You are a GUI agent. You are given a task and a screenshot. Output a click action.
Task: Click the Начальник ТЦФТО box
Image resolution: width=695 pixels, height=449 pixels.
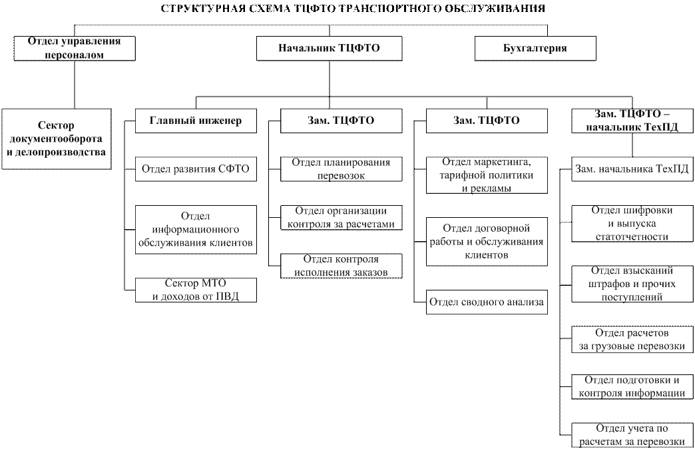[329, 49]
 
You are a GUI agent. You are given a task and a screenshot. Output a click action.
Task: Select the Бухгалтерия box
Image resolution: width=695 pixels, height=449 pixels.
[535, 49]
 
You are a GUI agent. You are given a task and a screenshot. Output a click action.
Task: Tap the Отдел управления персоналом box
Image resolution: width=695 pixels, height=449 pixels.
[75, 49]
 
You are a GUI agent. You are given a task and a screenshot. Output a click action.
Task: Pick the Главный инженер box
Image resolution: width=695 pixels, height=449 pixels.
[196, 121]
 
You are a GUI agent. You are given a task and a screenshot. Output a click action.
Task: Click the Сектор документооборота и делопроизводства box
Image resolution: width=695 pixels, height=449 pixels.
[56, 139]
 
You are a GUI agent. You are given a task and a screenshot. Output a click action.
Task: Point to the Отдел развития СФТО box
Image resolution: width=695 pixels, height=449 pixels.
[196, 169]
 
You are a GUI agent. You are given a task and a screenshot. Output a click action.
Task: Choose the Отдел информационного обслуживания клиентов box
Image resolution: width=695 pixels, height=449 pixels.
[196, 229]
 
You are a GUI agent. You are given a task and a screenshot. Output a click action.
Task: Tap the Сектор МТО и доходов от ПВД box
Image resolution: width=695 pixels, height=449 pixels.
[196, 290]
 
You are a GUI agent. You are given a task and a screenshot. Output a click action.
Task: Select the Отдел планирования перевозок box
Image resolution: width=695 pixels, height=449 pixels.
[341, 169]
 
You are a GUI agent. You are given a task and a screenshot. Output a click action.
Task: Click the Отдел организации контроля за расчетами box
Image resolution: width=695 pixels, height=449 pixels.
[341, 218]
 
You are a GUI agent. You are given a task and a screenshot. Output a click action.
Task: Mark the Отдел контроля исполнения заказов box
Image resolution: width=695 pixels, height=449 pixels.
[341, 266]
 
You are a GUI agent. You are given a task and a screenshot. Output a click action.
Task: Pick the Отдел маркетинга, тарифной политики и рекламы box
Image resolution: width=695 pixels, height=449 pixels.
[487, 175]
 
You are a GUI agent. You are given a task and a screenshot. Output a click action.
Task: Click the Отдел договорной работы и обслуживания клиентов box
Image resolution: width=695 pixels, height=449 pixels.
[487, 241]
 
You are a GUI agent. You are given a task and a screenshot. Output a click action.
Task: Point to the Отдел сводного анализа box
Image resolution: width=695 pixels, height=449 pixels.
[487, 302]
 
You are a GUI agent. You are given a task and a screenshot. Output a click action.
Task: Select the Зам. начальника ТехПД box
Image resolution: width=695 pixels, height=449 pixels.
[632, 169]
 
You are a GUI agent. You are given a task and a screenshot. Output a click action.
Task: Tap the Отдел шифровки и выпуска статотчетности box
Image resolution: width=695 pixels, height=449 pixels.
[632, 223]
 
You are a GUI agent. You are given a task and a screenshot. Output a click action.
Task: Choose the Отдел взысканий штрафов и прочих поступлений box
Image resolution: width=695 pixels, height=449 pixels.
[632, 284]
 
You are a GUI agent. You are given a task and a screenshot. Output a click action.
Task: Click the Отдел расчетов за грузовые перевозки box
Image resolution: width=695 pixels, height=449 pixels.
[632, 339]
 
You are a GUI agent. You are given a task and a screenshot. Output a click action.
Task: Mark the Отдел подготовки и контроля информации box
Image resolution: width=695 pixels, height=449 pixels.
[632, 386]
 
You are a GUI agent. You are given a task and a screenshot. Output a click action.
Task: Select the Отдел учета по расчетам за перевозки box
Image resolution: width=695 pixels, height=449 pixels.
[632, 435]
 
